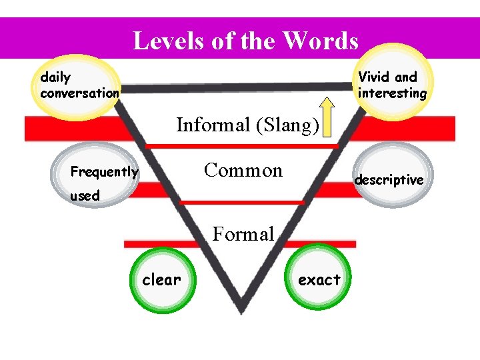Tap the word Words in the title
point(320,41)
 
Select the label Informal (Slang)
point(247,125)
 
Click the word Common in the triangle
point(243,170)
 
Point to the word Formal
point(243,234)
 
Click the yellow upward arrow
point(327,117)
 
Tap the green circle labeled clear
point(161,280)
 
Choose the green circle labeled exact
point(319,280)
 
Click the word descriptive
point(389,180)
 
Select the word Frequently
point(105,172)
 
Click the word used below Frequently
point(85,196)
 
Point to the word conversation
point(80,93)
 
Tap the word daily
point(55,77)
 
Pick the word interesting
point(392,93)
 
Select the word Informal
point(213,125)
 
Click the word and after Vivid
point(406,77)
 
